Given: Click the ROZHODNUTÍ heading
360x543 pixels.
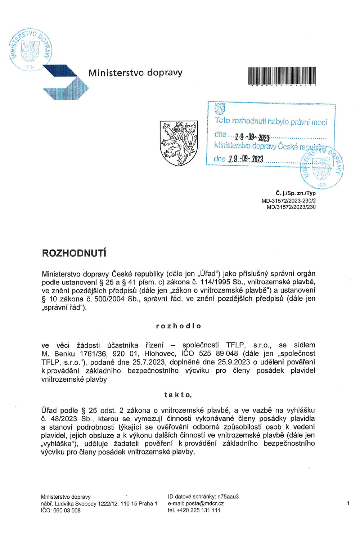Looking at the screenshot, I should [x=74, y=253].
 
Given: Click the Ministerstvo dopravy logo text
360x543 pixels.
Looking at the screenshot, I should [x=135, y=73].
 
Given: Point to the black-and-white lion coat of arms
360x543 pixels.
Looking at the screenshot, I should [x=179, y=143].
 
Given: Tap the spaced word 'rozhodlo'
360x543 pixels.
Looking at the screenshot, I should [x=179, y=326].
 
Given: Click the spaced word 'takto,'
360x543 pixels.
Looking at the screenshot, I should [x=178, y=395].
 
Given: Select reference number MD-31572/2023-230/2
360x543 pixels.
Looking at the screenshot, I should [x=289, y=201].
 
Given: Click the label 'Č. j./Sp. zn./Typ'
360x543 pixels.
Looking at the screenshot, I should [x=296, y=193].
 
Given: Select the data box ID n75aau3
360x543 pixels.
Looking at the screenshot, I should [x=228, y=497].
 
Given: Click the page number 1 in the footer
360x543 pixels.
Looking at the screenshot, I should [x=348, y=503].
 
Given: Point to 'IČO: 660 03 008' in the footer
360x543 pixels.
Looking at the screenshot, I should [x=60, y=510].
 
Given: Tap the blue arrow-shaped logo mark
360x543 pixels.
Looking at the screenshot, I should [x=65, y=82].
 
